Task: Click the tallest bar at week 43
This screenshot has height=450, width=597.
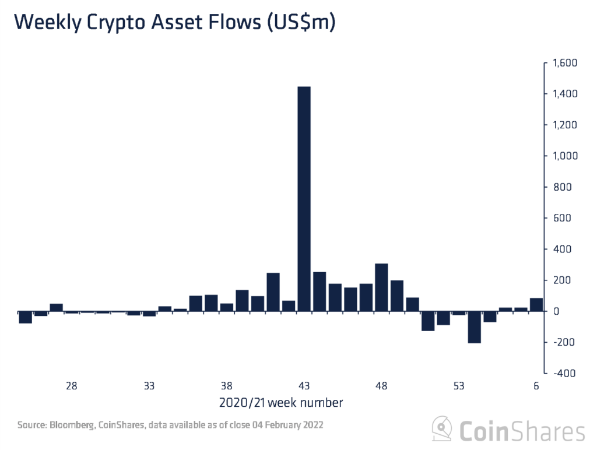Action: [x=304, y=198]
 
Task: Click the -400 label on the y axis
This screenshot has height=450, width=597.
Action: [x=564, y=373]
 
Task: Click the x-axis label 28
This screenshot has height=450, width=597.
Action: [x=71, y=386]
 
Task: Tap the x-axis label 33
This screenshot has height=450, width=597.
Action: [x=149, y=386]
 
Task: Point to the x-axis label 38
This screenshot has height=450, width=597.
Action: [x=226, y=386]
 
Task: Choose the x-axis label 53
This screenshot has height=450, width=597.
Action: [x=459, y=386]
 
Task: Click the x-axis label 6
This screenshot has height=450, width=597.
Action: [x=536, y=386]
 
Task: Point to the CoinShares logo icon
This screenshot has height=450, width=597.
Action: [x=442, y=430]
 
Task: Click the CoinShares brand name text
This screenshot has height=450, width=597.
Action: [x=521, y=431]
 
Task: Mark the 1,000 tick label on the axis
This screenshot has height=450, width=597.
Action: [x=563, y=156]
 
